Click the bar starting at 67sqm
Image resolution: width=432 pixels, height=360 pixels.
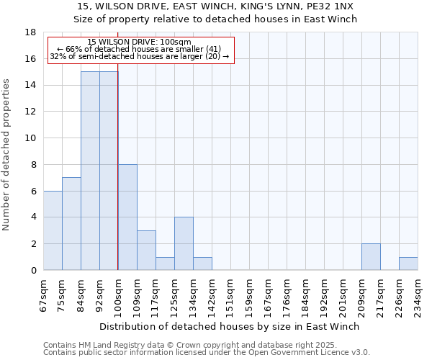[x=53, y=230]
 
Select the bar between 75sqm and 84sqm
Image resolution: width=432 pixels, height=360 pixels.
[x=71, y=224]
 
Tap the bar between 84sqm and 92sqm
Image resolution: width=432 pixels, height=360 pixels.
[x=90, y=171]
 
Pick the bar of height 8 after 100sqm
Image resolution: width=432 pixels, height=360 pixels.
[x=127, y=217]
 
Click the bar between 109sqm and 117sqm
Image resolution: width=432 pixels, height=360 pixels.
[x=146, y=250]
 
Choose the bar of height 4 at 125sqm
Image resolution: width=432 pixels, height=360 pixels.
[x=184, y=243]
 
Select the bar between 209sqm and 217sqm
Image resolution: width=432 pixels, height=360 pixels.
[x=371, y=256]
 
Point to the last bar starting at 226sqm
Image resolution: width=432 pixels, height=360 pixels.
[x=408, y=264]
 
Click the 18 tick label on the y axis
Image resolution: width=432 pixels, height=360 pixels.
[x=30, y=32]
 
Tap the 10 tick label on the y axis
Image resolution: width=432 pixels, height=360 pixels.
[x=30, y=138]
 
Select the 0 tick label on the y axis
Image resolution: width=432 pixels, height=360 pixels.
[x=33, y=270]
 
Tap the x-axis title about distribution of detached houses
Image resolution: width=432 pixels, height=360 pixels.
[x=229, y=326]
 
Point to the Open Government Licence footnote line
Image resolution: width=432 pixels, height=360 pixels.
[x=207, y=352]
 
